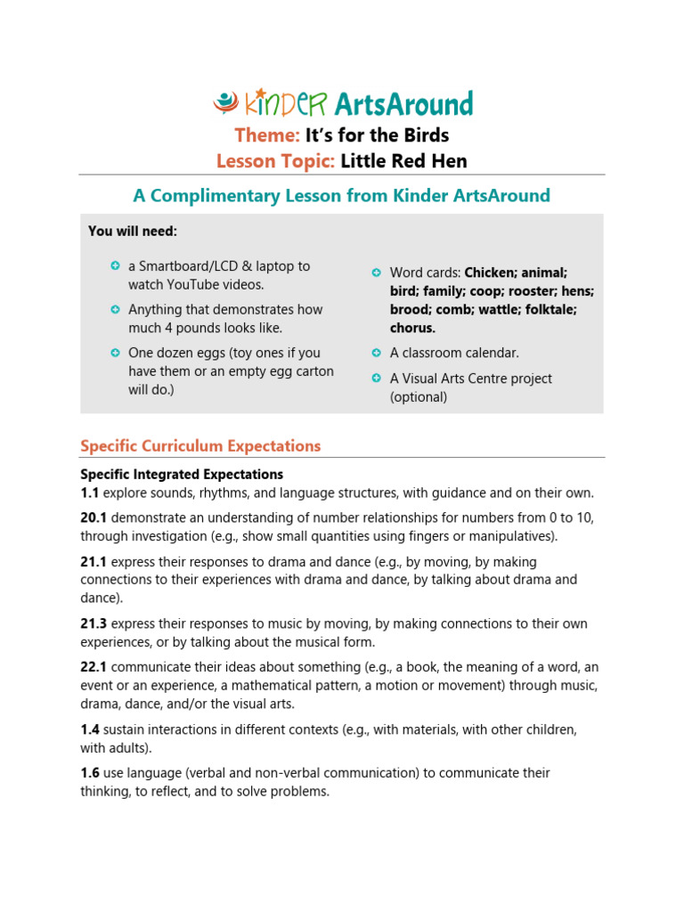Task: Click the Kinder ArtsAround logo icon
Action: [x=226, y=103]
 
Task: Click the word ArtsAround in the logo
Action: [x=403, y=104]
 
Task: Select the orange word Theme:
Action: [x=267, y=135]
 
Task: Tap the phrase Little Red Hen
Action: [x=404, y=161]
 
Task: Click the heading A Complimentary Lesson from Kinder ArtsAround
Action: [x=341, y=195]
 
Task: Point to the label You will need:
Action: [x=133, y=232]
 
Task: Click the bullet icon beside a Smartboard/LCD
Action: [x=115, y=266]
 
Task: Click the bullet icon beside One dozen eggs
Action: [x=115, y=353]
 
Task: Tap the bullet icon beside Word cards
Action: [x=376, y=273]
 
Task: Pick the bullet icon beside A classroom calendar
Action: [x=376, y=353]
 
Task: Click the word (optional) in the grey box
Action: [x=419, y=397]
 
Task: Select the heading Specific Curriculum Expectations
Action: [x=200, y=446]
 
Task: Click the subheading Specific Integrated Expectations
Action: [x=182, y=475]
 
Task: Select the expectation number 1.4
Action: [x=90, y=729]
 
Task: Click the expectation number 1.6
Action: [x=90, y=773]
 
